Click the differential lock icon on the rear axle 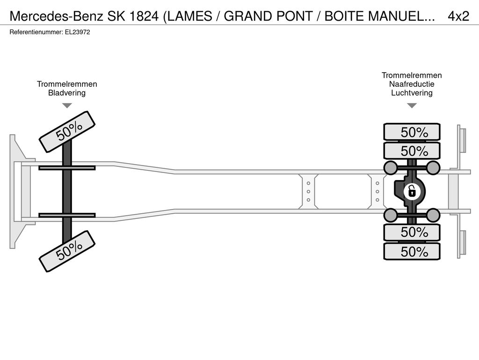pyautogui.click(x=412, y=192)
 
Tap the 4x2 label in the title pyautogui.click(x=458, y=16)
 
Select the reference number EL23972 pyautogui.click(x=78, y=32)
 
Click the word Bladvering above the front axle pyautogui.click(x=67, y=93)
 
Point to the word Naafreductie pyautogui.click(x=412, y=84)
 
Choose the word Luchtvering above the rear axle pyautogui.click(x=412, y=93)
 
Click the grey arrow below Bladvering pyautogui.click(x=67, y=105)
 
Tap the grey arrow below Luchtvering pyautogui.click(x=412, y=105)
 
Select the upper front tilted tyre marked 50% pyautogui.click(x=67, y=132)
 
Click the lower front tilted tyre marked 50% pyautogui.click(x=67, y=251)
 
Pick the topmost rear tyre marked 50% pyautogui.click(x=412, y=132)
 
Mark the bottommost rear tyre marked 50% pyautogui.click(x=412, y=252)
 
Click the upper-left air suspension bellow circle pyautogui.click(x=390, y=167)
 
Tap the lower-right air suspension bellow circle pyautogui.click(x=433, y=215)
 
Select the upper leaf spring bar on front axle pyautogui.click(x=67, y=168)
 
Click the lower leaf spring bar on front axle pyautogui.click(x=67, y=215)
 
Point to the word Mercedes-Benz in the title pyautogui.click(x=57, y=16)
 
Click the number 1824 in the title pyautogui.click(x=144, y=16)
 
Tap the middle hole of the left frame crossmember pyautogui.click(x=309, y=192)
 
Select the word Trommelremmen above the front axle pyautogui.click(x=67, y=84)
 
